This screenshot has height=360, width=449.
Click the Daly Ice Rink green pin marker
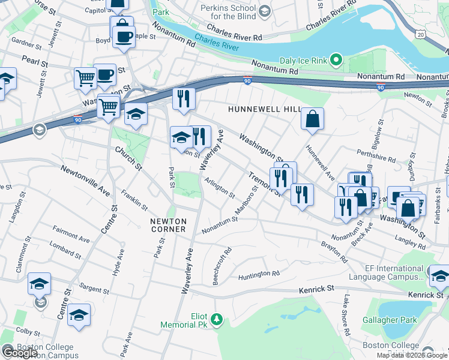coord(336,60)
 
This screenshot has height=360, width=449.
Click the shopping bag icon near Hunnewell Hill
coord(313,119)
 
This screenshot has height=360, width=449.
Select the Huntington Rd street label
coord(259,274)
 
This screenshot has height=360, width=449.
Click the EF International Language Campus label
coord(394,273)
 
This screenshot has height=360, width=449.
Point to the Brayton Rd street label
coord(334,252)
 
